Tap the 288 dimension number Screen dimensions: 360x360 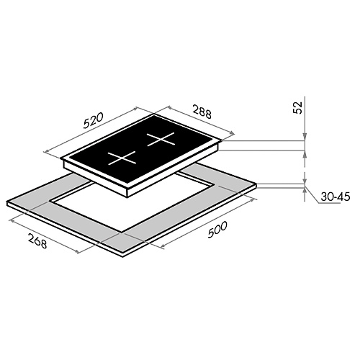click(202, 112)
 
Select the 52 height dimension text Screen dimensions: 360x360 click(297, 107)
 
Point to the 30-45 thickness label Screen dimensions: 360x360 click(336, 197)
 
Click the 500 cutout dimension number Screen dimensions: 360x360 click(217, 229)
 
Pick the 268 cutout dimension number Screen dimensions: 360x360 click(37, 240)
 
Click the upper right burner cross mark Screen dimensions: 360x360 click(161, 139)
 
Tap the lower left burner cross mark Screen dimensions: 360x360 click(122, 158)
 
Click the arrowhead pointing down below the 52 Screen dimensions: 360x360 click(305, 137)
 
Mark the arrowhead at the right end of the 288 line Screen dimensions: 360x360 click(231, 133)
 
